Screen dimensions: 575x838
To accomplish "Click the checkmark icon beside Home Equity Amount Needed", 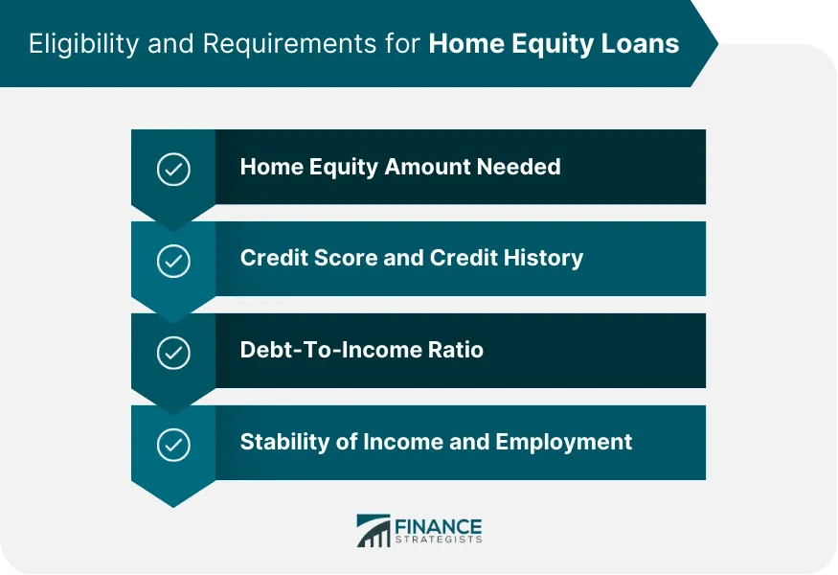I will pos(173,170).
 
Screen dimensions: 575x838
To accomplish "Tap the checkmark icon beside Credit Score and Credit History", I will pos(173,261).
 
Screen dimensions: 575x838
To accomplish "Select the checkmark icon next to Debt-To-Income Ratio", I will pos(173,353).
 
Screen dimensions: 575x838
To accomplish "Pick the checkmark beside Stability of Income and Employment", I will pos(173,445).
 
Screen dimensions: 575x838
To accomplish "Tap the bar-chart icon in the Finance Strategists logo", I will pos(374,532).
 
